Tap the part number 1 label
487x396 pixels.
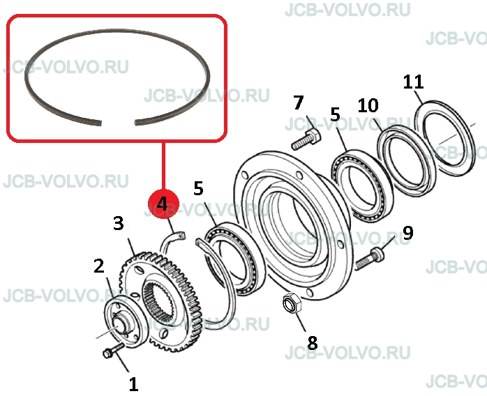[x=133, y=384]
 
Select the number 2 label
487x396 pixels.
[x=99, y=266]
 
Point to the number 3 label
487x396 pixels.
[x=119, y=224]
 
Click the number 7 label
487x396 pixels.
[x=298, y=102]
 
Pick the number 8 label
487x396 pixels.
[x=313, y=342]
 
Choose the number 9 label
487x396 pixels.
[x=407, y=233]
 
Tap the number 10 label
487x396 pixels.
[x=368, y=105]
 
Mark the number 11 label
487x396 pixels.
[x=414, y=82]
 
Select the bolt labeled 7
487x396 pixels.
[x=306, y=139]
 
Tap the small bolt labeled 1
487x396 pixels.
[x=114, y=351]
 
